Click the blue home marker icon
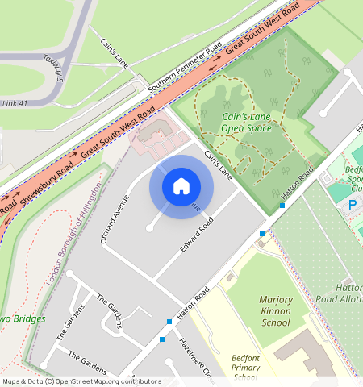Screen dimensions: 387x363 (181, 186)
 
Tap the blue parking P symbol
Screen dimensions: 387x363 (352, 205)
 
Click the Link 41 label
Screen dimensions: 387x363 (15, 103)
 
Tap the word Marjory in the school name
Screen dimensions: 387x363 (275, 300)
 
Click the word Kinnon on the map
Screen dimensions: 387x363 (275, 311)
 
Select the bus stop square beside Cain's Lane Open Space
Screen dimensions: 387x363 (282, 206)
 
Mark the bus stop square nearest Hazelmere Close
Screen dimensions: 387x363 (163, 339)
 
